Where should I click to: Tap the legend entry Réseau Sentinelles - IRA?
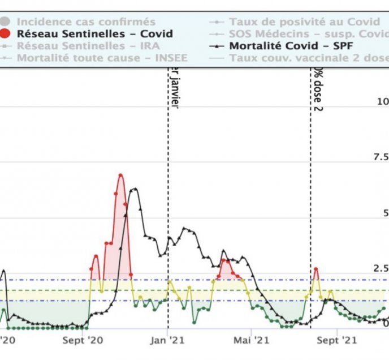(x=88, y=46)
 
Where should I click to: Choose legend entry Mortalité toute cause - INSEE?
(x=102, y=58)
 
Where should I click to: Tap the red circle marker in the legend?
(x=7, y=34)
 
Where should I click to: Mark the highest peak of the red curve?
(x=120, y=175)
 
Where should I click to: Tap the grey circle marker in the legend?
(x=7, y=22)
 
